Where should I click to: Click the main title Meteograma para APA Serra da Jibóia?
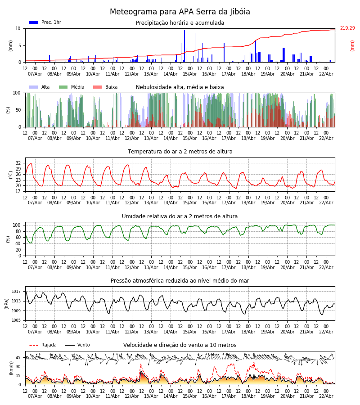[x=180, y=12]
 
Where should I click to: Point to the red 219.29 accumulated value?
[x=347, y=28]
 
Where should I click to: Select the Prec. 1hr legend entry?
[x=45, y=22]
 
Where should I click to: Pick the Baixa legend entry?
[x=105, y=87]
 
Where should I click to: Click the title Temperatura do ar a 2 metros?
[x=180, y=152]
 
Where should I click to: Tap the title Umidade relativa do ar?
[x=180, y=216]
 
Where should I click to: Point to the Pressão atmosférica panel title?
[x=180, y=281]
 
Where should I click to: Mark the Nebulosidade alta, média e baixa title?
[x=180, y=87]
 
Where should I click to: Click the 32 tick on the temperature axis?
[x=18, y=163]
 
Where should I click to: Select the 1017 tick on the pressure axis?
[x=16, y=292]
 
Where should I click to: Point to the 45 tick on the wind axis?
[x=18, y=358]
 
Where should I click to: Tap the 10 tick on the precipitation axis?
[x=18, y=28]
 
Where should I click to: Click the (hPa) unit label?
[x=7, y=303]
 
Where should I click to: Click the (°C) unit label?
[x=10, y=175]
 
